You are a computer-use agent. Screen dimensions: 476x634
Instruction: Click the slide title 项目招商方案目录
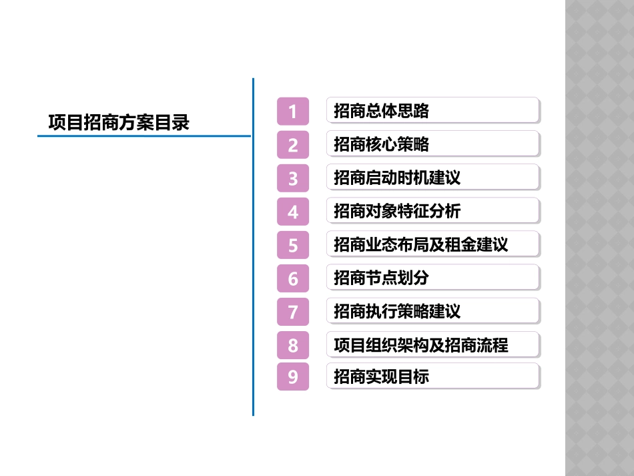tap(119, 123)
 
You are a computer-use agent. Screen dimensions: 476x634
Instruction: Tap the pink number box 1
tap(293, 111)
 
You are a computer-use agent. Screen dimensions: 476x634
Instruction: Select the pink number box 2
tap(293, 144)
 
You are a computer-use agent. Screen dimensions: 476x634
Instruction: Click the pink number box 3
tap(293, 178)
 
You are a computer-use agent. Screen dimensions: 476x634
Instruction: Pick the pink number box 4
tap(293, 211)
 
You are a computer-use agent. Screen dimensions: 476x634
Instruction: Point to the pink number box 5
tap(293, 244)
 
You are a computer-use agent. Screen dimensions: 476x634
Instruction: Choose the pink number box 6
tap(293, 278)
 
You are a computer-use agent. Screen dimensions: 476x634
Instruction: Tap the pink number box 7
tap(293, 311)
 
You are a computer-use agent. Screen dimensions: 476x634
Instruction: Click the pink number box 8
tap(293, 344)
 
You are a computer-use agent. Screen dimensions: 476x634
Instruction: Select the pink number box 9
tap(293, 377)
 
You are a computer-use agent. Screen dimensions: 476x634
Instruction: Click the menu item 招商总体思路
tap(432, 111)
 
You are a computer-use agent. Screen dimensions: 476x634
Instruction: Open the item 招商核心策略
tap(432, 144)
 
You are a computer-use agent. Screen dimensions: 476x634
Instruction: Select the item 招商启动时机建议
tap(432, 178)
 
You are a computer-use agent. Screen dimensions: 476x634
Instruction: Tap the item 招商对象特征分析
tap(432, 211)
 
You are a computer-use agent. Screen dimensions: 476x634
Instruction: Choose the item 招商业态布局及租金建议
tap(432, 244)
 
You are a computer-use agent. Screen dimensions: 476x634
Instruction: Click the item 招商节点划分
tap(432, 278)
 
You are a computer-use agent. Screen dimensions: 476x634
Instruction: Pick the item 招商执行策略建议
tap(432, 311)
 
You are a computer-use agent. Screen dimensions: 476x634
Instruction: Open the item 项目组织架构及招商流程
tap(432, 344)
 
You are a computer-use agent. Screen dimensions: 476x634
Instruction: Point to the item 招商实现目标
tap(432, 377)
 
